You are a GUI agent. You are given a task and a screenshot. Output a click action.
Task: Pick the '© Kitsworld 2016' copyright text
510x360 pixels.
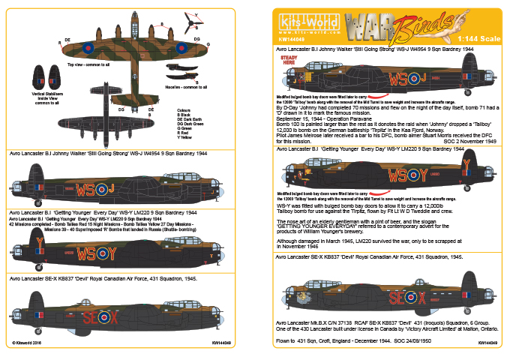25,344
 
